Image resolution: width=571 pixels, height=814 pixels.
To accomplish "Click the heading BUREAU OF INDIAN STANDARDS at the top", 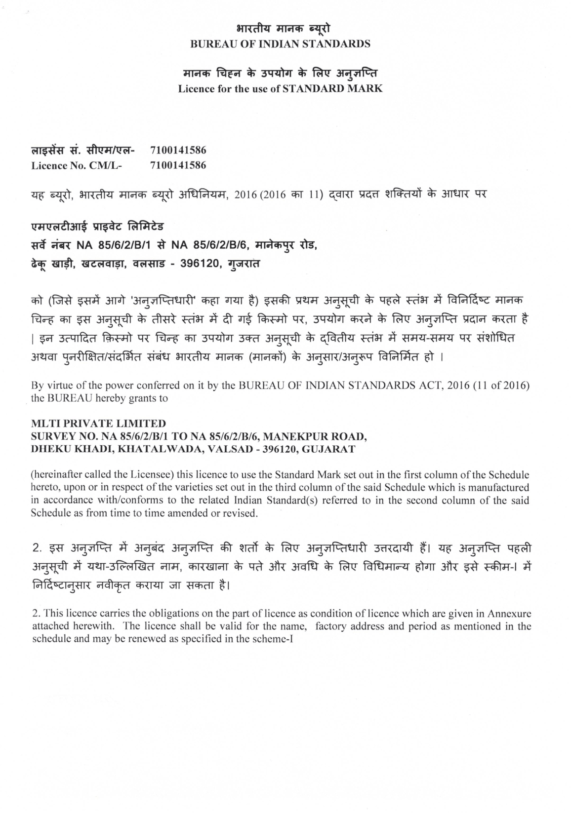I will tap(280, 44).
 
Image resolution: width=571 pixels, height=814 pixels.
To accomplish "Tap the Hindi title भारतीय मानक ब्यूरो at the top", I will tap(280, 29).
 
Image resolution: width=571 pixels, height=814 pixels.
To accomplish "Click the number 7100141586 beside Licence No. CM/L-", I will tap(177, 165).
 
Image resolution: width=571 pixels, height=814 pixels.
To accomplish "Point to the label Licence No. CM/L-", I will tap(77, 165).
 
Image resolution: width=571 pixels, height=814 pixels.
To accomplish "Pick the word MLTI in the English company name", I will tap(44, 423).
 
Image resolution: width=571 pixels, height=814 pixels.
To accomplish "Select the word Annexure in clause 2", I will tap(509, 614).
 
